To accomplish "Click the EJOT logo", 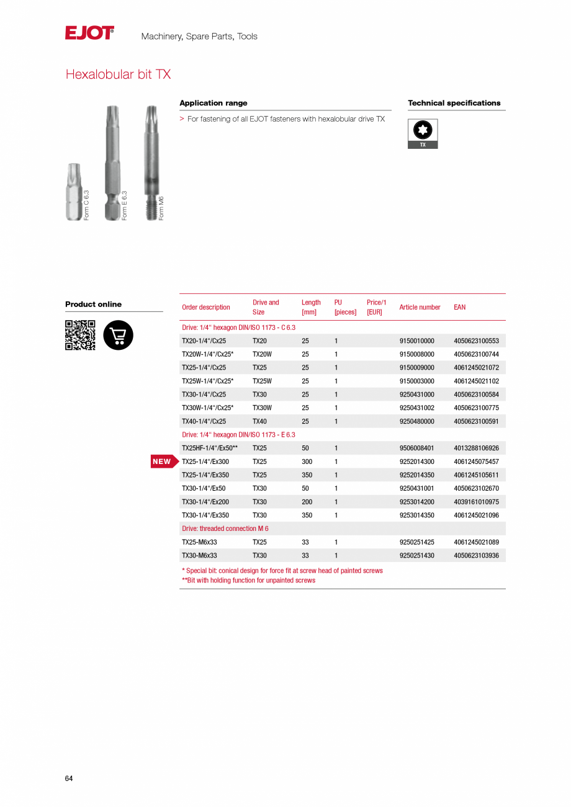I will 89,33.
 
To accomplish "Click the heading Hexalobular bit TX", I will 118,74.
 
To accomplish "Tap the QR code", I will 80,335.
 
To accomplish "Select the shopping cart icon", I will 118,335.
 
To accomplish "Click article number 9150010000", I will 416,341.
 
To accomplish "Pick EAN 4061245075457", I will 476,461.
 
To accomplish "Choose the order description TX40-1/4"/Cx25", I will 204,422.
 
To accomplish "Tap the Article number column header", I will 420,307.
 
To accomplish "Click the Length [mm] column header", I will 311,307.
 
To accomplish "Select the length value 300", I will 307,461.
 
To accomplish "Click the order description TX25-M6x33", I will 199,542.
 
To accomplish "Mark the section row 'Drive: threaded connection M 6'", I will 225,528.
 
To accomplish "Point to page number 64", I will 69,778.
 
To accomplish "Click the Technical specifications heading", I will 454,103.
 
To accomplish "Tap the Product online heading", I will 93,304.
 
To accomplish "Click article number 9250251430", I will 416,556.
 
